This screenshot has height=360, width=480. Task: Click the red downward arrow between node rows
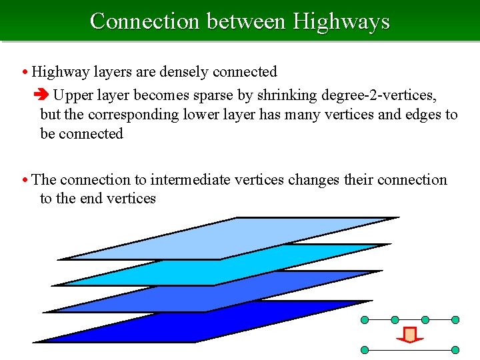click(x=411, y=334)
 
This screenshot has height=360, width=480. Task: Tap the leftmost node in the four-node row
click(x=365, y=320)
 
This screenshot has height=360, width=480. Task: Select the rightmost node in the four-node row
click(x=455, y=320)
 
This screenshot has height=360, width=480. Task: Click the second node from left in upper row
click(x=395, y=320)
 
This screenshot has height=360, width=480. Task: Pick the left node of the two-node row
click(x=365, y=349)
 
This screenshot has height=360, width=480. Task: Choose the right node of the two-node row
click(x=455, y=349)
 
